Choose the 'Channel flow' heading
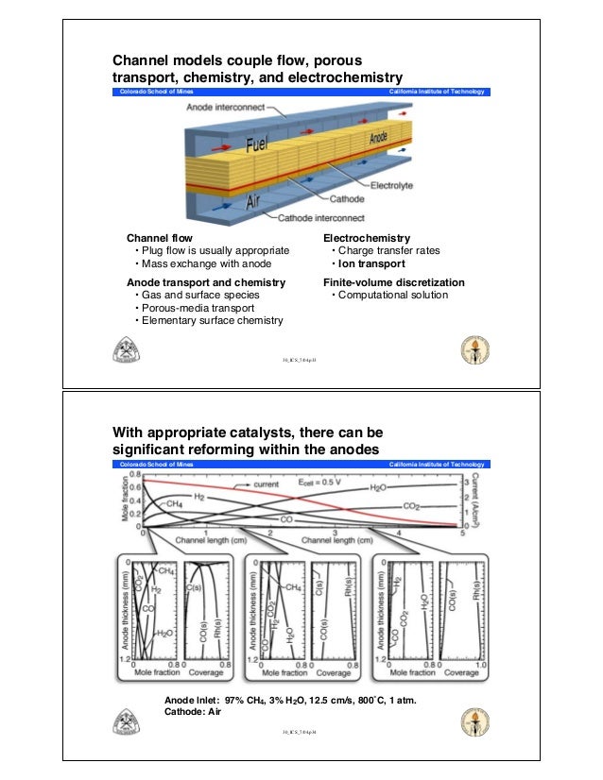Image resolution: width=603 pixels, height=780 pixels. tap(160, 237)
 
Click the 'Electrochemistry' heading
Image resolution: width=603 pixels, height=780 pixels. tap(367, 237)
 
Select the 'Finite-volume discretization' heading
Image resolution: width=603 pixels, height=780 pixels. tap(394, 282)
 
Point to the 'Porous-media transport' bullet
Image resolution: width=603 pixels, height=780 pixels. tap(195, 308)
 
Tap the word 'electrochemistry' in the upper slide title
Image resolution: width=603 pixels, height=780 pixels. tap(344, 76)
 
